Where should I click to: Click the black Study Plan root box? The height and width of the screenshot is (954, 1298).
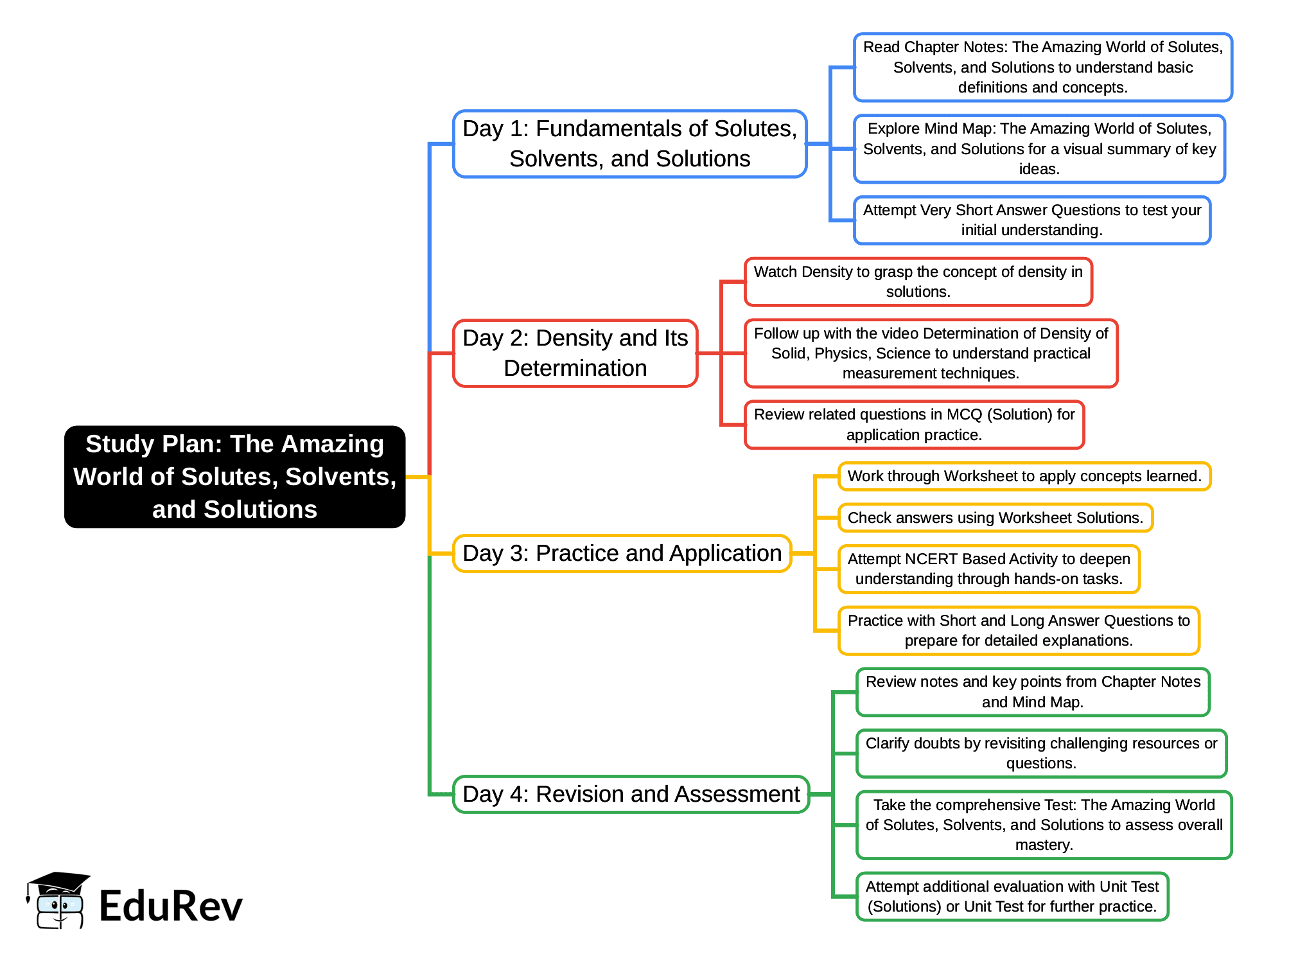pos(234,477)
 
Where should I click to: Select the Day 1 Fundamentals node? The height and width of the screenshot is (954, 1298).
pos(629,144)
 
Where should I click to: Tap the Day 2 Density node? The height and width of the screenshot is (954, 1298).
pos(575,353)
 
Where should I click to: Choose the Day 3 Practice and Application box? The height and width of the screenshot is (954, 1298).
pos(622,553)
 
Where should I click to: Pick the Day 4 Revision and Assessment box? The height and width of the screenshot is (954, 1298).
pos(631,794)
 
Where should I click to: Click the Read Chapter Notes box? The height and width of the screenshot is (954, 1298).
pos(1042,67)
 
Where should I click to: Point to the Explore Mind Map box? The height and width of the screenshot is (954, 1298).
pos(1039,149)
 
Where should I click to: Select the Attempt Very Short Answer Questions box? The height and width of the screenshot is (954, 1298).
pos(1031,220)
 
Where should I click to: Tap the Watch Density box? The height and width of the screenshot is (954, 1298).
pos(918,282)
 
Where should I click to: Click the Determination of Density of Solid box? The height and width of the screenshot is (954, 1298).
pos(931,353)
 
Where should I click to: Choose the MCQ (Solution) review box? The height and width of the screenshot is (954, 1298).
pos(914,425)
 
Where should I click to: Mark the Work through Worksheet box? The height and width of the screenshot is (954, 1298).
pos(1024,477)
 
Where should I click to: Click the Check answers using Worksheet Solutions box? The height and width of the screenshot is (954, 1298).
pos(995,518)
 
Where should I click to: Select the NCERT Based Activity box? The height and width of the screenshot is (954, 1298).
pos(988,569)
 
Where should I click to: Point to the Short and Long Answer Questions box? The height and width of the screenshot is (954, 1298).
pos(1019,631)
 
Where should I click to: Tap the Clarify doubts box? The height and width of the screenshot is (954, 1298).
pos(1041,754)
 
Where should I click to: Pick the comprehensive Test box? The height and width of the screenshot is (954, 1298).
pos(1044,825)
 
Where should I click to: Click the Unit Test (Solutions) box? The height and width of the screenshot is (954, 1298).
pos(1012,897)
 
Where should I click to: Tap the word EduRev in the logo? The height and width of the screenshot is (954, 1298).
pos(171,906)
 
